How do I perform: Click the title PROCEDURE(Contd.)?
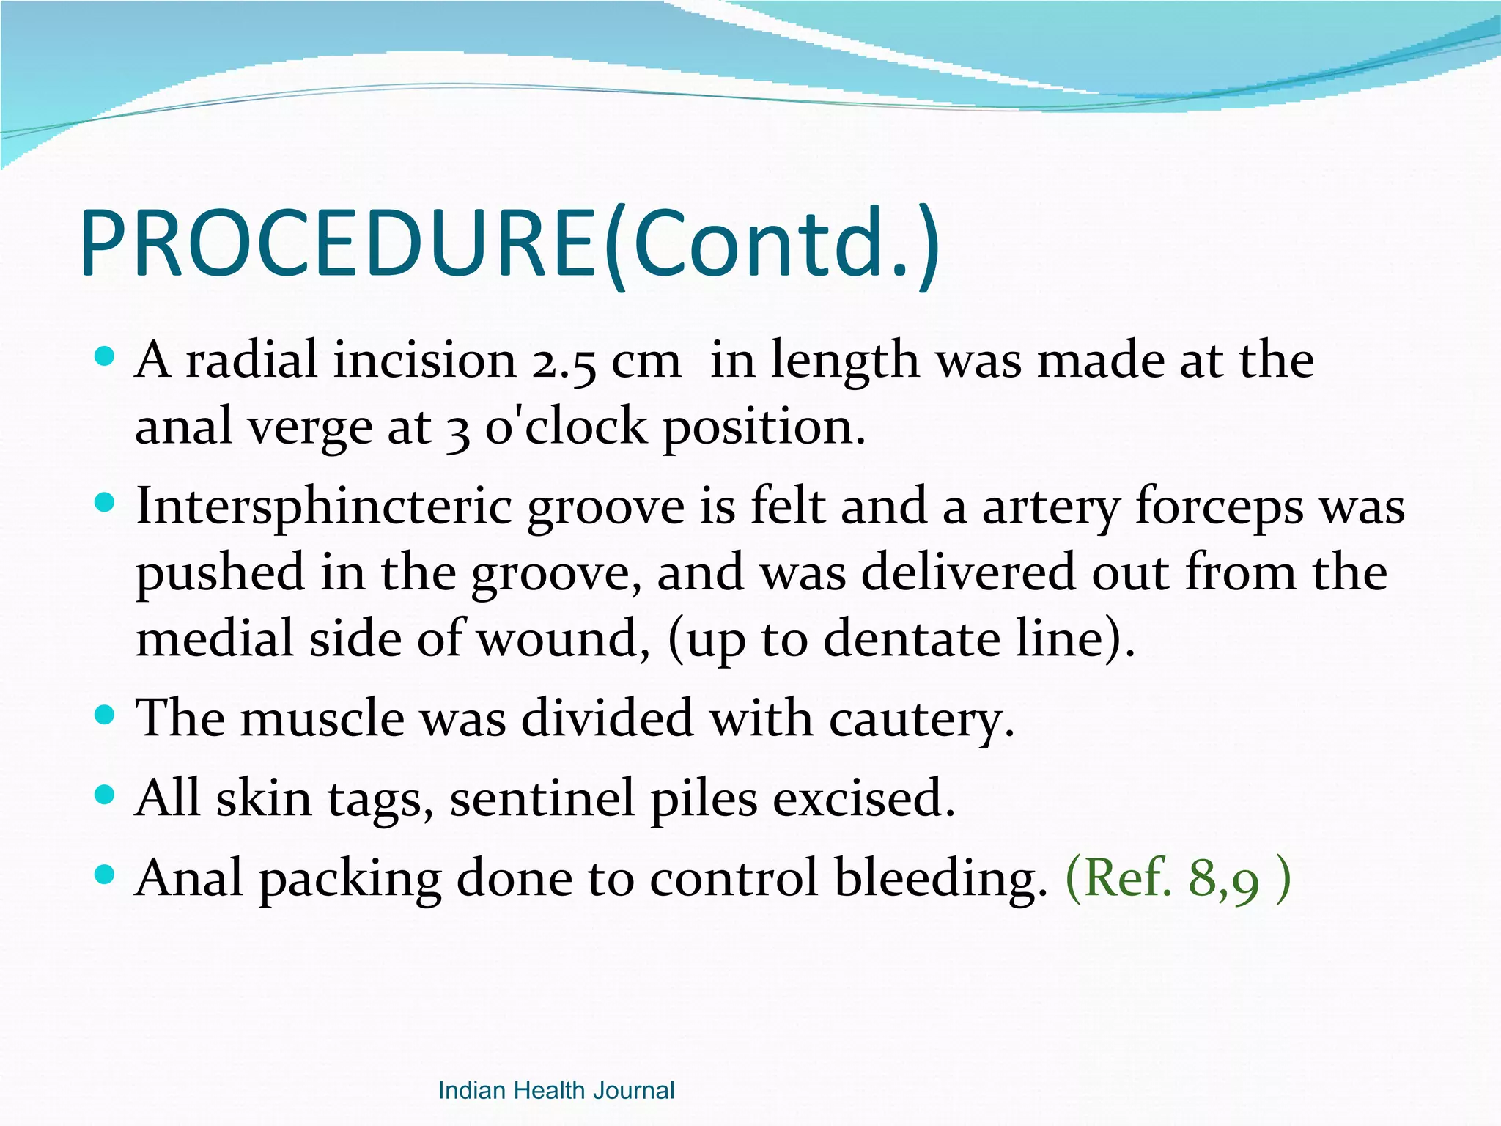509,243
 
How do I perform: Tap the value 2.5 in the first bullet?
564,362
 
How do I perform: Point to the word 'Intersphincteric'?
323,507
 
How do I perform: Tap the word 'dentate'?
911,639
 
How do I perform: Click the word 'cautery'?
921,718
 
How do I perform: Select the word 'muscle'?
322,718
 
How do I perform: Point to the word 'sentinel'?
542,798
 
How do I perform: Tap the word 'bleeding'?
941,879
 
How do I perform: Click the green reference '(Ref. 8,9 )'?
1177,877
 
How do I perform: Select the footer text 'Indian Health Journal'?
556,1090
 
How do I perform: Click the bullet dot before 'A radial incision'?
106,357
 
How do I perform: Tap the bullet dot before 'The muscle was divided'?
106,714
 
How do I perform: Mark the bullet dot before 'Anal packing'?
106,874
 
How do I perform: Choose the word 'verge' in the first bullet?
310,428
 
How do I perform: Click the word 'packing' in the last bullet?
350,879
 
